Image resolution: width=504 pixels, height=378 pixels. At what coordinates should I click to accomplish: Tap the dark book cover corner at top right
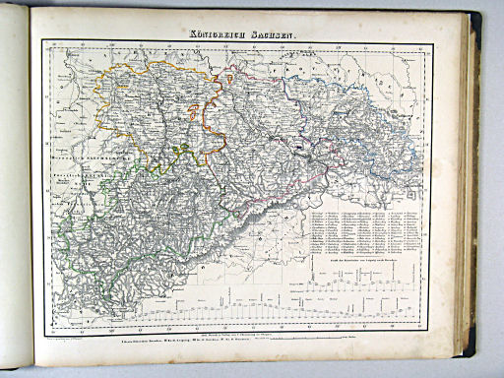pyautogui.click(x=476, y=20)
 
